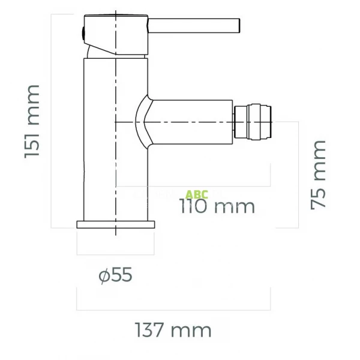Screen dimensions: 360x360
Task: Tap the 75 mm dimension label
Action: tap(319, 175)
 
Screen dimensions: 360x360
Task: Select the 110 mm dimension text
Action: tap(217, 206)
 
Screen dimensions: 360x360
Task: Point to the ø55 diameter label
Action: tap(115, 275)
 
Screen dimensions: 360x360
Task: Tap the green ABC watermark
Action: tap(197, 194)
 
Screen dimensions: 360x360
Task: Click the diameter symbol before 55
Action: tap(104, 276)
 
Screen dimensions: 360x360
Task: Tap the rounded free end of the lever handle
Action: tap(239, 26)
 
